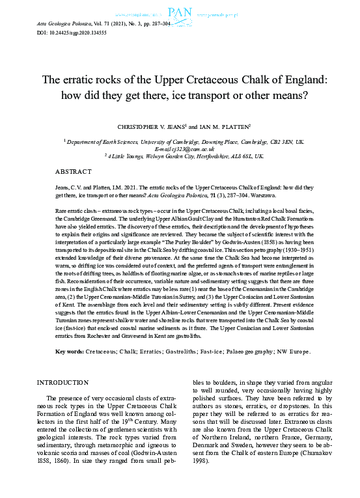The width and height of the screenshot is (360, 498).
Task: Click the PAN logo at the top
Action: [180, 11]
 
